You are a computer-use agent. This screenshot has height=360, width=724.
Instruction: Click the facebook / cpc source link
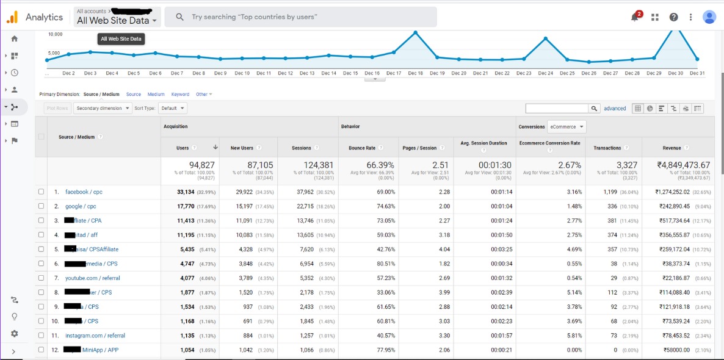coord(84,192)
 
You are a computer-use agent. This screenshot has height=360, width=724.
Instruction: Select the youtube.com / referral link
coord(92,278)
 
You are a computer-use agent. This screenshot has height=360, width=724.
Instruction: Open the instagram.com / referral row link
coord(95,336)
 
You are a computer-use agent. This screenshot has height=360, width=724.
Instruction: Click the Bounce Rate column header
coord(362,148)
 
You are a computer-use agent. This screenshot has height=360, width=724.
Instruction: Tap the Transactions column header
coord(607,148)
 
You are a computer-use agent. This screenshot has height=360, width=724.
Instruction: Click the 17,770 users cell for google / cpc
coord(186,206)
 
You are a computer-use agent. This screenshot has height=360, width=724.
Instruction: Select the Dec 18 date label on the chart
coord(415,73)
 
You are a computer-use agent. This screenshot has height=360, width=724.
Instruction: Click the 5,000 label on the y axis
coord(54,53)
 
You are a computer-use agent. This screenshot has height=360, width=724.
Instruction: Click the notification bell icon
coord(635,17)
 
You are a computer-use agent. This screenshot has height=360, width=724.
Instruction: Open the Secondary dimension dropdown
coord(103,108)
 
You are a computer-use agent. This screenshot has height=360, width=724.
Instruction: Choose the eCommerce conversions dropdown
coord(567,127)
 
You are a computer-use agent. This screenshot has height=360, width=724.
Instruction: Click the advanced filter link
coord(615,109)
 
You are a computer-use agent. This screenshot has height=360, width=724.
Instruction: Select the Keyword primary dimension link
coord(180,95)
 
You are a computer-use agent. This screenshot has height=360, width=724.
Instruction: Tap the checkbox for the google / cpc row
coord(42,206)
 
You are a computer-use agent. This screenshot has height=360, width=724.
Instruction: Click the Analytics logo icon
coord(12,17)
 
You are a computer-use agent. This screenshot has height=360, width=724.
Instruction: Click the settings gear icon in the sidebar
coord(14,334)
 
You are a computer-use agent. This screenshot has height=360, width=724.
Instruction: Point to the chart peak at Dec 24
coord(546,39)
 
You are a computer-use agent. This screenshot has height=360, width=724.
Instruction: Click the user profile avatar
coord(709,17)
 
